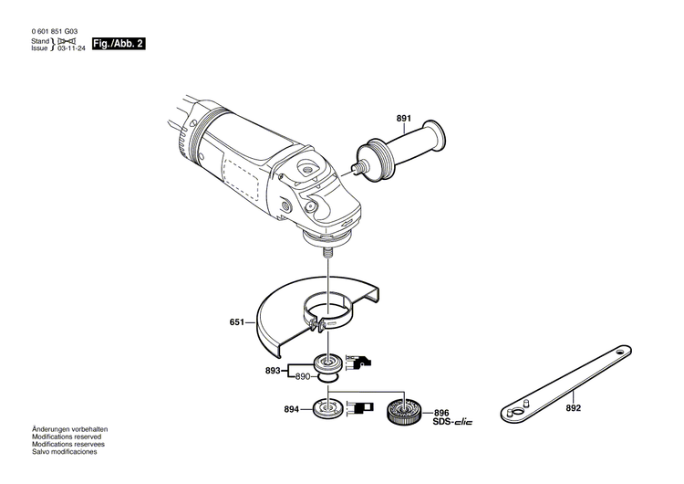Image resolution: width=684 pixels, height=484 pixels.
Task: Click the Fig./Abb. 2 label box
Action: (119, 43)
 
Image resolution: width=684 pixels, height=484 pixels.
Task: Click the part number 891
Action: (404, 119)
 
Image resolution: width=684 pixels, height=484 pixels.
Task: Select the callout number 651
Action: (237, 322)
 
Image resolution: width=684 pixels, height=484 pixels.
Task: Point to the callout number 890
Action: (303, 376)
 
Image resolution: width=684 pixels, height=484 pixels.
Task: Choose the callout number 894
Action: (292, 409)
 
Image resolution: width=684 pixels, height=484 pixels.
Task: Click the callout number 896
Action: (441, 411)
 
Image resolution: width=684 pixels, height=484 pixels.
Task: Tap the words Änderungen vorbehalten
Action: (69, 429)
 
